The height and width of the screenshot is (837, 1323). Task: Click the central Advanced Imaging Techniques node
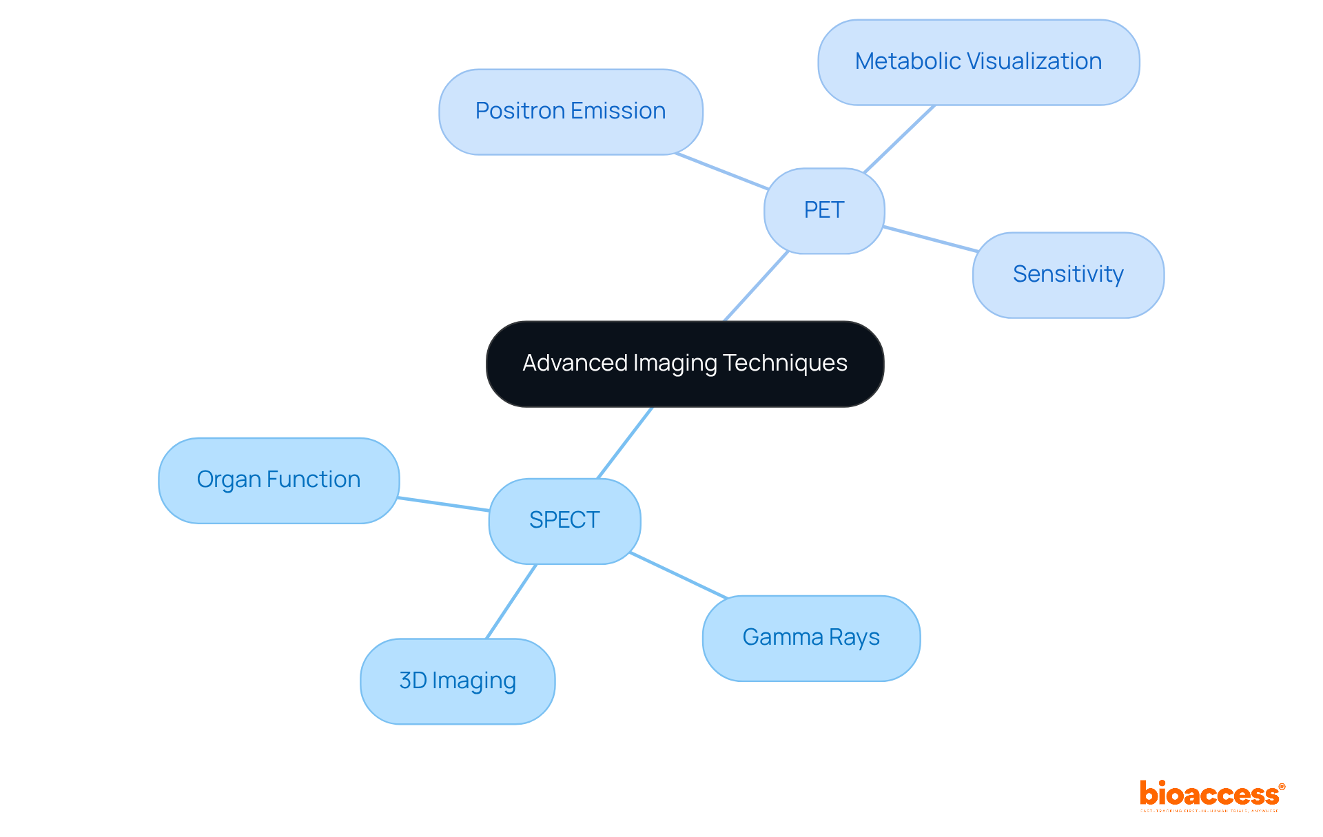[685, 364]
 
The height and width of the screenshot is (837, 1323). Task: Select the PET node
[824, 210]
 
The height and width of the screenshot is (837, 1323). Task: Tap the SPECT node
[564, 520]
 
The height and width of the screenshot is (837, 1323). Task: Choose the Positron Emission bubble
[571, 112]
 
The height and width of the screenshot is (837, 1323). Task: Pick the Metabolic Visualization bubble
[978, 62]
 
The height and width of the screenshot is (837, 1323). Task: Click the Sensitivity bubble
[1068, 275]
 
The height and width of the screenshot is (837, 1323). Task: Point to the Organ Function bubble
[278, 480]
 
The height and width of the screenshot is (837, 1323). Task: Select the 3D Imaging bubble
[458, 681]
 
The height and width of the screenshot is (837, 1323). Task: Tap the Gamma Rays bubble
[811, 638]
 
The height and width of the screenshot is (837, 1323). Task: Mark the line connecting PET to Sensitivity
[930, 239]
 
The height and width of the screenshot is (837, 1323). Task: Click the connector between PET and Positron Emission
[721, 171]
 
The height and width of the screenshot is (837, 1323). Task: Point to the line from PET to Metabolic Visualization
[899, 138]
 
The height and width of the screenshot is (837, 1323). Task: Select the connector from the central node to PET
[756, 287]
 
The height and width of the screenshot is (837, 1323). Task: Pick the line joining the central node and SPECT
[624, 443]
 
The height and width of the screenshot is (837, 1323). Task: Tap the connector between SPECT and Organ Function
[444, 504]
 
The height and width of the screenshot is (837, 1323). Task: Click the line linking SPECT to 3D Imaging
[511, 601]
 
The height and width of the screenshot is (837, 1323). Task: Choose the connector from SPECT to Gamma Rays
[679, 575]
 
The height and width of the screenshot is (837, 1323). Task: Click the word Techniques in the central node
[786, 363]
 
